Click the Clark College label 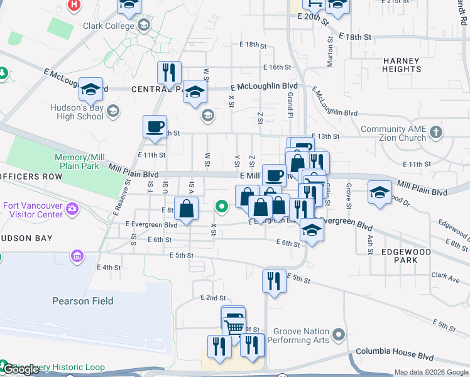[x=109, y=26]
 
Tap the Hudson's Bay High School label [x=77, y=112]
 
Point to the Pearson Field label [x=83, y=301]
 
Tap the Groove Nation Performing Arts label [x=298, y=336]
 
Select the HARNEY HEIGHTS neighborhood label [x=401, y=65]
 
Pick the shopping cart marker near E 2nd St [x=234, y=325]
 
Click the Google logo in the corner [x=21, y=369]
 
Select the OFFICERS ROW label [x=31, y=177]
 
